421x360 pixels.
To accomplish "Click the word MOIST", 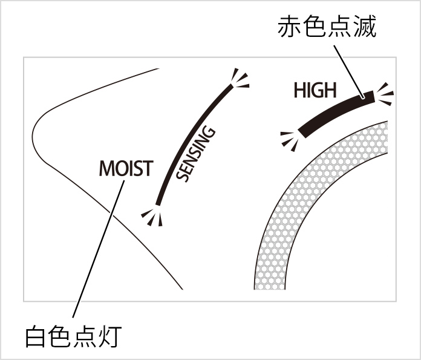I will point(126,168).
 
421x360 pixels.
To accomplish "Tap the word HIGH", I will point(314,91).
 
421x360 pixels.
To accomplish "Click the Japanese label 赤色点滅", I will point(327,27).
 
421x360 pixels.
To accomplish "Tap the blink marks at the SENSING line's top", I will point(240,79).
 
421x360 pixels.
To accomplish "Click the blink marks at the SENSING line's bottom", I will point(152,215).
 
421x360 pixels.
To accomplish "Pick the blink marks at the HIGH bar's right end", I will point(385,94).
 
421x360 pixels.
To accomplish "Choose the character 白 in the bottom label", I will point(36,337).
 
